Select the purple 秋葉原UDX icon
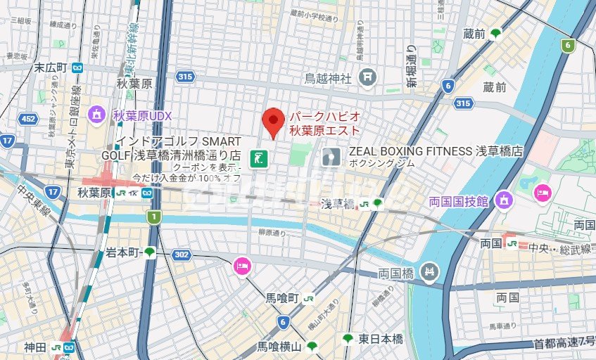(96, 114)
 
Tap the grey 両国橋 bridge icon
(429, 271)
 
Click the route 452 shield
(27, 119)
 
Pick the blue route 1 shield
(153, 218)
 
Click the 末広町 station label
(51, 67)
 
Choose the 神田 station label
(35, 347)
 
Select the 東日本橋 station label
(380, 339)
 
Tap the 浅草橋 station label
(336, 204)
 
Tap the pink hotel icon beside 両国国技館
(543, 192)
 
